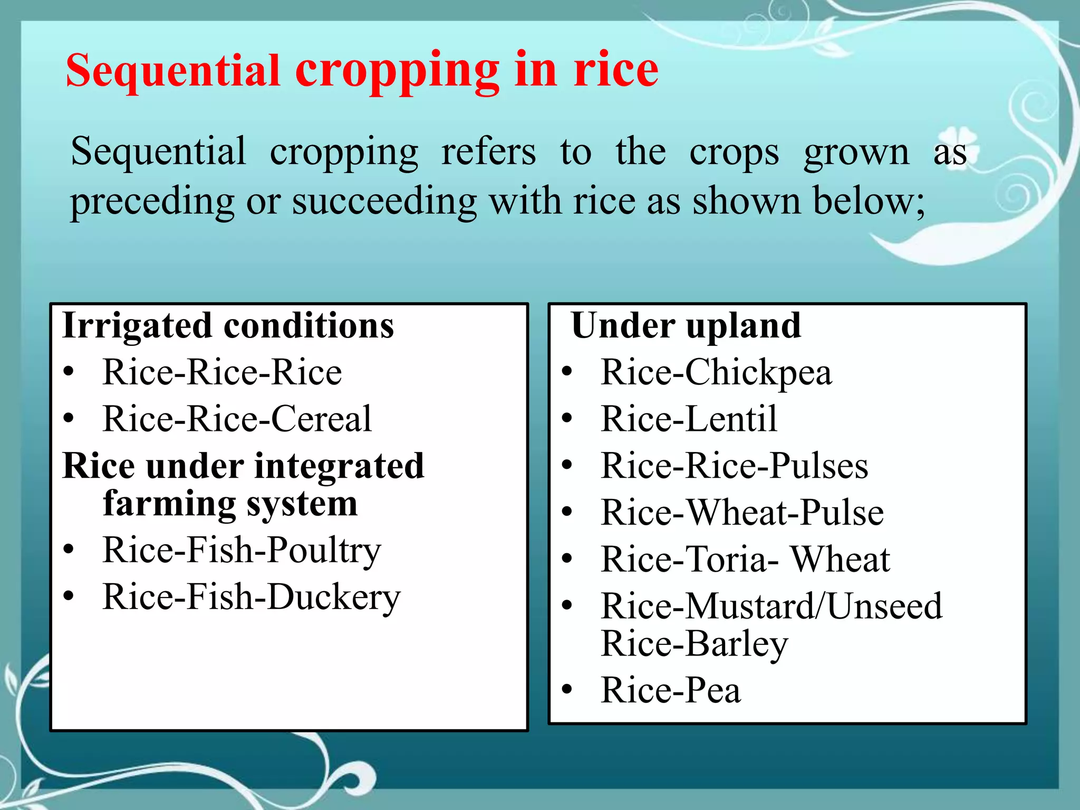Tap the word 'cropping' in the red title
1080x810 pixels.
click(x=397, y=73)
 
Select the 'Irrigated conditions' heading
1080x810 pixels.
click(x=228, y=326)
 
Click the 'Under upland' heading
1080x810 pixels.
click(x=686, y=326)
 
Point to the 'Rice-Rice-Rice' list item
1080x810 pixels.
click(x=222, y=372)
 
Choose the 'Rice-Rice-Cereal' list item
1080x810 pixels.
click(x=237, y=419)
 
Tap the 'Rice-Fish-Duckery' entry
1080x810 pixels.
click(x=252, y=598)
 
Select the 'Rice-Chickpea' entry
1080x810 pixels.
click(x=716, y=373)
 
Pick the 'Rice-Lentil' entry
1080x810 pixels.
click(x=689, y=419)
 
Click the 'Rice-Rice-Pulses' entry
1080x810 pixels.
click(x=734, y=466)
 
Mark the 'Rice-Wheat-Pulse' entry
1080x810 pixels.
click(x=742, y=513)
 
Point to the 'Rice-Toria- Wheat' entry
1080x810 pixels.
click(x=745, y=560)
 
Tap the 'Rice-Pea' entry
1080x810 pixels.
click(x=671, y=690)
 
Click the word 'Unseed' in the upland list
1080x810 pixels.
click(x=884, y=606)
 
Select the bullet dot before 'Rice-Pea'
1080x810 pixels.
click(x=567, y=689)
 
